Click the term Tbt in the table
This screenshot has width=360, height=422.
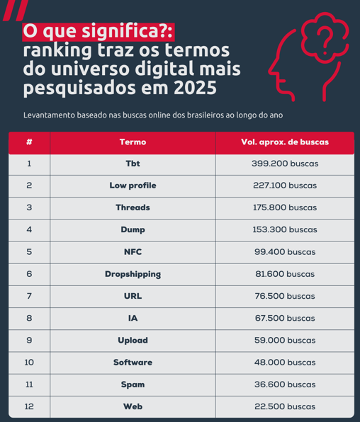pos(133,164)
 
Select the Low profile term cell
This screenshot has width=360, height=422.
pos(133,186)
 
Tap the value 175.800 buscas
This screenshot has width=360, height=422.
pos(284,207)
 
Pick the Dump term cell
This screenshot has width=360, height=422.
pos(133,229)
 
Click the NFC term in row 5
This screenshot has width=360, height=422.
pos(133,251)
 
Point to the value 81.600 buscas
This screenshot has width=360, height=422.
pos(284,273)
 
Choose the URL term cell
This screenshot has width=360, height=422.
pos(133,295)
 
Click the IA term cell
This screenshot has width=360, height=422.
pos(133,318)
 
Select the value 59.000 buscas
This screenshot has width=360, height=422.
pos(284,340)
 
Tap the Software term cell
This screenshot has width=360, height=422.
pos(133,362)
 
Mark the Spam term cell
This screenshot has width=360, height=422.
pos(133,384)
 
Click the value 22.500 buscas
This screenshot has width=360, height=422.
pos(284,406)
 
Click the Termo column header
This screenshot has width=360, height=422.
pos(133,142)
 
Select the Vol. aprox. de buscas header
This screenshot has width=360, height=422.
pos(284,142)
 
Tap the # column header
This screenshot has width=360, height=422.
pos(29,142)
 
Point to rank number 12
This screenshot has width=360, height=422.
pos(29,406)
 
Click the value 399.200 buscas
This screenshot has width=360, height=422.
pos(284,164)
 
